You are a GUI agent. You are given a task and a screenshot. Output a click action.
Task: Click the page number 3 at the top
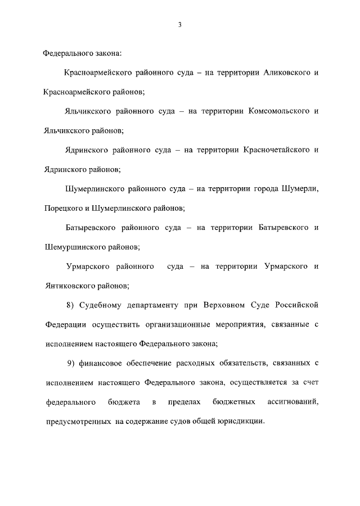(x=179, y=25)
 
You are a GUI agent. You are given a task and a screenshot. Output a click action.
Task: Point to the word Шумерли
(x=299, y=188)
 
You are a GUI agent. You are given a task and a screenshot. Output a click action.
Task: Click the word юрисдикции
(x=240, y=422)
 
